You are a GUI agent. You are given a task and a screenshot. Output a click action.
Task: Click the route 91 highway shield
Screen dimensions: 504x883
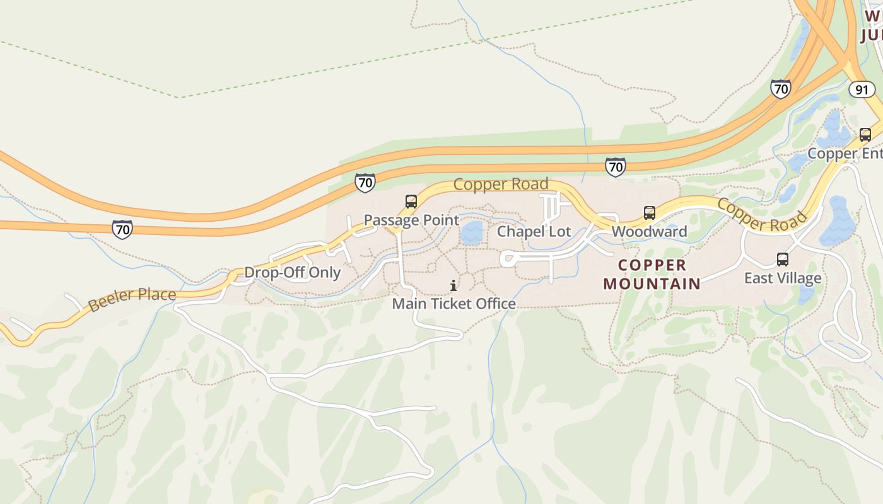point(862,89)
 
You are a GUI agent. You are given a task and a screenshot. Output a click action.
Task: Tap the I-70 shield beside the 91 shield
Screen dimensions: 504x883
point(781,89)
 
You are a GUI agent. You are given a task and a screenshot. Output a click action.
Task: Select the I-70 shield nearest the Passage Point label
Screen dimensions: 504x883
point(365,183)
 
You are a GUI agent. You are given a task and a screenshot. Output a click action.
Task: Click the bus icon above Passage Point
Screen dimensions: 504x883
point(411,202)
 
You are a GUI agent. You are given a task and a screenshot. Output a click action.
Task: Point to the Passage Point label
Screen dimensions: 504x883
point(411,220)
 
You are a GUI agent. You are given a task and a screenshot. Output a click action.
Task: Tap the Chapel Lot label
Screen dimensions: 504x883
point(534,231)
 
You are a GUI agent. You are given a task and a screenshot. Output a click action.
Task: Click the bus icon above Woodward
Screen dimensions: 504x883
point(650,213)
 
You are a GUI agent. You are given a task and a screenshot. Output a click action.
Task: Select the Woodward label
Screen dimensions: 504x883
point(649,231)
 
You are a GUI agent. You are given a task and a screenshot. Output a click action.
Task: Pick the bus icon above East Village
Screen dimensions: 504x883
point(783,259)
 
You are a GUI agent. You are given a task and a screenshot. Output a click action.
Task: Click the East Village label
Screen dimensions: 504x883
point(783,278)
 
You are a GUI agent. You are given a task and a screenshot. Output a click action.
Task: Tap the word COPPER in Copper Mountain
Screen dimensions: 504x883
point(652,265)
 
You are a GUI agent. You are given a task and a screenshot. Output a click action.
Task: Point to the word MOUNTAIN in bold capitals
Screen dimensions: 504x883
point(652,283)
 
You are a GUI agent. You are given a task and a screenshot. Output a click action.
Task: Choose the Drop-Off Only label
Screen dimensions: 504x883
point(292,272)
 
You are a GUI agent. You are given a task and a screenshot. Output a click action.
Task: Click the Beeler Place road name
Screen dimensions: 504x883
point(132,299)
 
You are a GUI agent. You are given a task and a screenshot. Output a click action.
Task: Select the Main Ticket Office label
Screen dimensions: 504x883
point(453,304)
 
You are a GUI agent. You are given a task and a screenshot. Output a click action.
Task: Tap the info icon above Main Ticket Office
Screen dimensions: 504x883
point(453,285)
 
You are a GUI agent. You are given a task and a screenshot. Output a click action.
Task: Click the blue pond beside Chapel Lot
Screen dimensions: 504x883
point(471,232)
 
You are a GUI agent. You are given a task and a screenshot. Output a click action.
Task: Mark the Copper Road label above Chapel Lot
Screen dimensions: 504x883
point(501,184)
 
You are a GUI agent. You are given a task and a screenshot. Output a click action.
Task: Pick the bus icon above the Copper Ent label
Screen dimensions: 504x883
point(865,134)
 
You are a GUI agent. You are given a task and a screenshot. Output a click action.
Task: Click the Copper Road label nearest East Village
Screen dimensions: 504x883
point(762,215)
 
